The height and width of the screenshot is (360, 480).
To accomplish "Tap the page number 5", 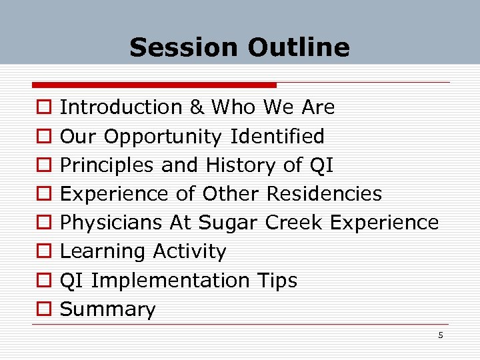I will (x=440, y=335).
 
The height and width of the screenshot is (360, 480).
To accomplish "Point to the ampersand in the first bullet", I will (x=196, y=107).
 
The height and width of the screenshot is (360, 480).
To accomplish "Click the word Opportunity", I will (x=163, y=137).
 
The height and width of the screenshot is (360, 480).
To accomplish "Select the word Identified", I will (x=277, y=137).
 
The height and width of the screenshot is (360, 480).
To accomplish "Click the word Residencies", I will (x=324, y=194).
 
